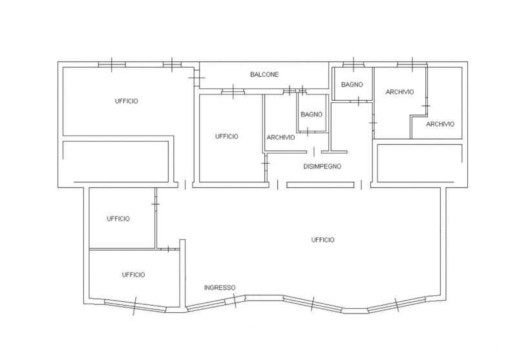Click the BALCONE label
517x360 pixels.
coord(264,74)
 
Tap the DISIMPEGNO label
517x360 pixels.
coord(322,167)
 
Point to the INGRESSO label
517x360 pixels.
coord(220,288)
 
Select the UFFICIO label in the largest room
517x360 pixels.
coord(322,240)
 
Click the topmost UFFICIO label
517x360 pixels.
coord(126,101)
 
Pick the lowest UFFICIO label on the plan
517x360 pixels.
coord(133,275)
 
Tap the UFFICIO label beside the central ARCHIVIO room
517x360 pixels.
coord(227,136)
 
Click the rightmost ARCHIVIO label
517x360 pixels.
coord(440,124)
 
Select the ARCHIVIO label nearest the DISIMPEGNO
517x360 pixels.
coord(280,138)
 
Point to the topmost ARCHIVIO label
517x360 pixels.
coord(399,92)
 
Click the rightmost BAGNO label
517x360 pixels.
coord(352,85)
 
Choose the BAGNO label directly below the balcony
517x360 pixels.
coord(311,115)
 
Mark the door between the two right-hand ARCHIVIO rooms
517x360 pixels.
coord(426,106)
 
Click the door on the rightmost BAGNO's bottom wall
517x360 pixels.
coord(359,101)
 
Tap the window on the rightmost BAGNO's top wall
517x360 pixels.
coord(353,64)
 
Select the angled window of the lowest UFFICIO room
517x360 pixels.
coord(134,306)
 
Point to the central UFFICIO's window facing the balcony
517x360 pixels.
coord(233,92)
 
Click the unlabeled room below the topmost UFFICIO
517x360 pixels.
coord(116,162)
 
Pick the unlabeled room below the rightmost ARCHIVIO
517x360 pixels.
coord(419,163)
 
